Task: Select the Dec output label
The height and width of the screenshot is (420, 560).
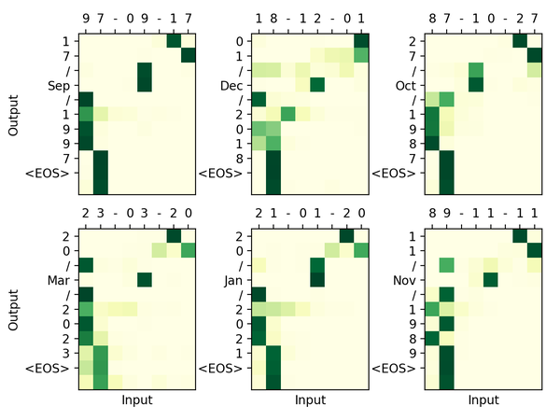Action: (232, 86)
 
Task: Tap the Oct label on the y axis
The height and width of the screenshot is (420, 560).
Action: (406, 86)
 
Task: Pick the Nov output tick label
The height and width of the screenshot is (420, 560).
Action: (406, 279)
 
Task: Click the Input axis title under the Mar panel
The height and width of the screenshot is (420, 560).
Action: (137, 401)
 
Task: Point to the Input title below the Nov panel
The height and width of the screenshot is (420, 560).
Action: (483, 401)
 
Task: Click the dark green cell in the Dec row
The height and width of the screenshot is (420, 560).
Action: (317, 86)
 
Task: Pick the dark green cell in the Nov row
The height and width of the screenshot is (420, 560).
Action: (490, 279)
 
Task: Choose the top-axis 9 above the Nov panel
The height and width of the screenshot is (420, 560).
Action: (446, 214)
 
